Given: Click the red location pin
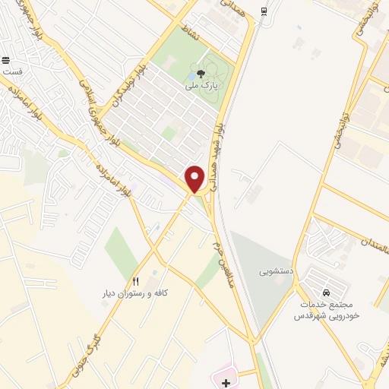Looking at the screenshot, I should tap(194, 179).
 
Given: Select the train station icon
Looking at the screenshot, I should tap(263, 11).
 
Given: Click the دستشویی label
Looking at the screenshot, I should tap(274, 270).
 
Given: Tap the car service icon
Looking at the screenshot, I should tap(326, 292).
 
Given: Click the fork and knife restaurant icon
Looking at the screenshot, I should tap(136, 281).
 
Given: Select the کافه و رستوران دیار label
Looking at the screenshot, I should tap(136, 293).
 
